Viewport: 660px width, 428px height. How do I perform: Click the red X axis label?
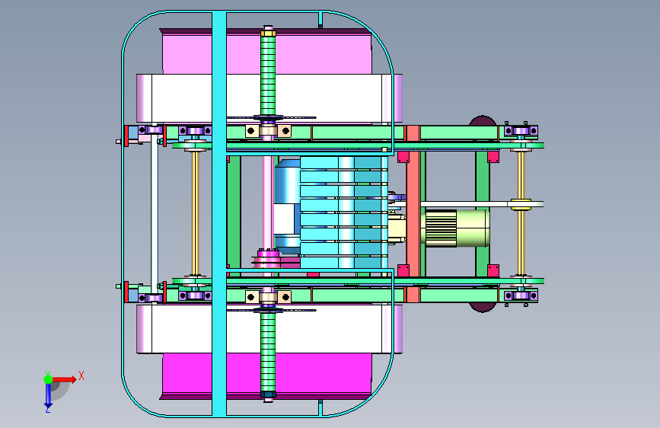81,375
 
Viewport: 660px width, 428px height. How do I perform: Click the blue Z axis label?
47,409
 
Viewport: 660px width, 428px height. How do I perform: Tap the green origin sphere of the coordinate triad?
49,379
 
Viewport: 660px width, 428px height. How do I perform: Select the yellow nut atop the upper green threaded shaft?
268,32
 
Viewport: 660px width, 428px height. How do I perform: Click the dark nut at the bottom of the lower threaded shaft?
268,394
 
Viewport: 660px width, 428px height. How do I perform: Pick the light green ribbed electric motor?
457,228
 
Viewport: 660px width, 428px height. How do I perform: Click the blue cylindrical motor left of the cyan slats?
287,207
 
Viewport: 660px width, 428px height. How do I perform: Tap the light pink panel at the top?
266,53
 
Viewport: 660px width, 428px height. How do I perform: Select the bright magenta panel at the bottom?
266,374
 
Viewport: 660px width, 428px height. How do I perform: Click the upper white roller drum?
269,98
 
